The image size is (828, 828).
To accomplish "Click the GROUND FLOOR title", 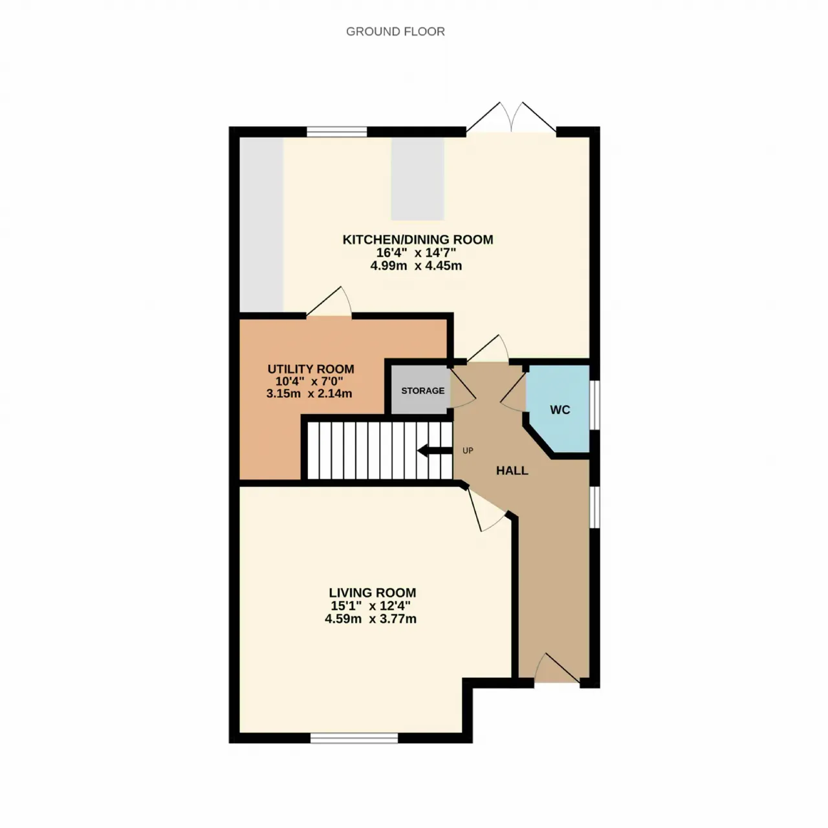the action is [395, 32].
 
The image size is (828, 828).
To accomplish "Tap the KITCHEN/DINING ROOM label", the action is [418, 239].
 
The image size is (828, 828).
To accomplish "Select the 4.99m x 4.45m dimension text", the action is [416, 266].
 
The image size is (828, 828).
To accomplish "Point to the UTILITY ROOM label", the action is [310, 369].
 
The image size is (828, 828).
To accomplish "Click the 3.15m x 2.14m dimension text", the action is [309, 393].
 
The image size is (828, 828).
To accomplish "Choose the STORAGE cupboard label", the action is [423, 391].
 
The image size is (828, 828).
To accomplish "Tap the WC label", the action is [560, 409].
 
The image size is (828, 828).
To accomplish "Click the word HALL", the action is [512, 470].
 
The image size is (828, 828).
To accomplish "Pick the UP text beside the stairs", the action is [468, 450].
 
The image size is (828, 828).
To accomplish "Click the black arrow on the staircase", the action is [435, 451].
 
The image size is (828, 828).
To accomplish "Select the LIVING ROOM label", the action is [373, 593].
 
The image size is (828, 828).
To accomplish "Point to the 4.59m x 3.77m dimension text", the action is [371, 619].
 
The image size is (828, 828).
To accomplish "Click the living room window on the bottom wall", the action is [354, 738].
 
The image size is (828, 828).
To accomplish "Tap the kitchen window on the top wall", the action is [337, 131].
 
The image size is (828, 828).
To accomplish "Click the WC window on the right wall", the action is [594, 404].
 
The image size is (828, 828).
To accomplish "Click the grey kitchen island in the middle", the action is [417, 180].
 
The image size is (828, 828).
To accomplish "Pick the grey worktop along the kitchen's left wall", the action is [261, 224].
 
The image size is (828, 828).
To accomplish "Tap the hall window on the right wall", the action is [594, 507].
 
